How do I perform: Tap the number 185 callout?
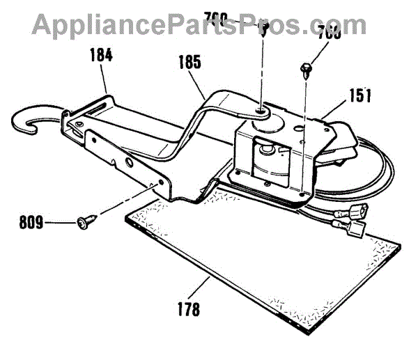pyautogui.click(x=188, y=62)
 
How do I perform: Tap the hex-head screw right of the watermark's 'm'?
pyautogui.click(x=306, y=68)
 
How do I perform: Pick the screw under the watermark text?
pyautogui.click(x=265, y=29)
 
